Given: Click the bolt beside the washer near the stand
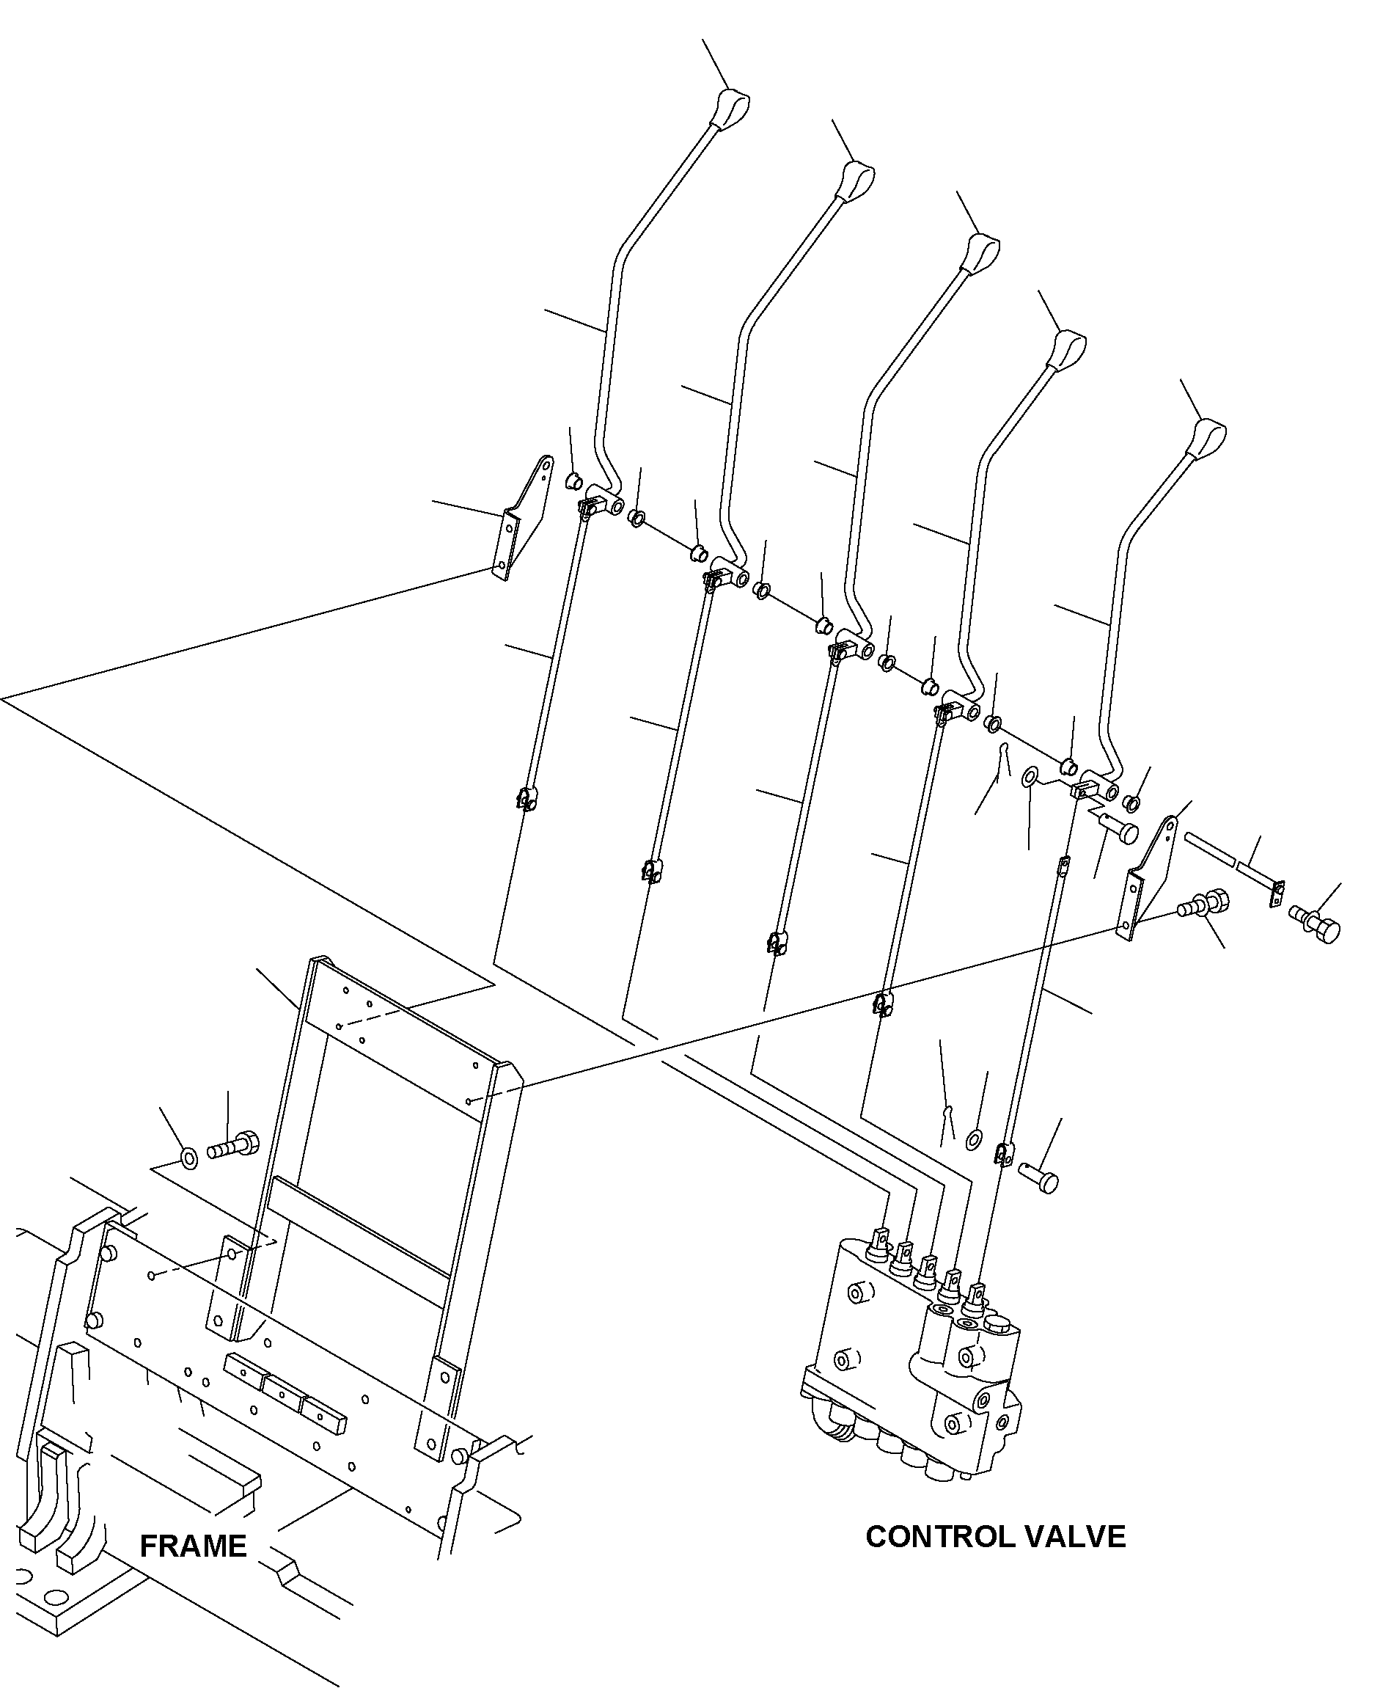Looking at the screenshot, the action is click(x=233, y=1147).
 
